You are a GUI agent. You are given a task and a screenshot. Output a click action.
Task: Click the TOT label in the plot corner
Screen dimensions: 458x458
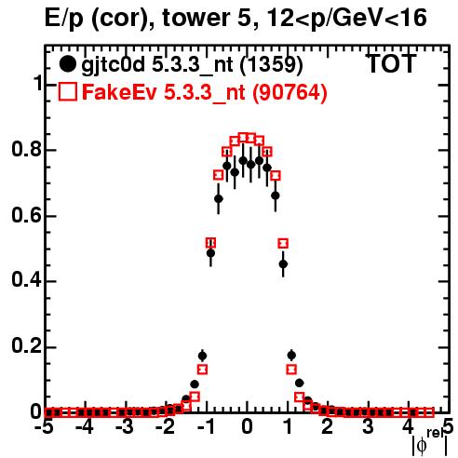[391, 63]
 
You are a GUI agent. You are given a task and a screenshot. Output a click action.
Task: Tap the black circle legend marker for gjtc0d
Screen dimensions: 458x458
[67, 64]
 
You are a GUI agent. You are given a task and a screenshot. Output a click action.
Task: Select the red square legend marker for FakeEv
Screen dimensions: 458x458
[68, 91]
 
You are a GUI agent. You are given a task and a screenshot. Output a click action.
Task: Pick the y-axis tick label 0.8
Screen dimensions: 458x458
[26, 150]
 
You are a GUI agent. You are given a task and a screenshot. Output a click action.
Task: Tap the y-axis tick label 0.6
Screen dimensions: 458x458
[26, 215]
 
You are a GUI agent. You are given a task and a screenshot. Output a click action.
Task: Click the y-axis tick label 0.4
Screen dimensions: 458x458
[26, 281]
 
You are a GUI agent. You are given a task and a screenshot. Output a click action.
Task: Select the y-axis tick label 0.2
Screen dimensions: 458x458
[26, 346]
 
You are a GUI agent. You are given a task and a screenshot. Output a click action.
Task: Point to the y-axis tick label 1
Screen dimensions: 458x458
[36, 84]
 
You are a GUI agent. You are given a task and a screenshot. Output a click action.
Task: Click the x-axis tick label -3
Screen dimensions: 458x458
[125, 426]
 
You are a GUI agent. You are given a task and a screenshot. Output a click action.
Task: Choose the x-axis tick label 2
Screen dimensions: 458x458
[328, 426]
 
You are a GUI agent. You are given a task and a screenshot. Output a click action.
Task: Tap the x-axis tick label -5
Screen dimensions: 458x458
[44, 426]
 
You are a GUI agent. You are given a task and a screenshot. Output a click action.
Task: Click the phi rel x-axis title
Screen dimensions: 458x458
[430, 442]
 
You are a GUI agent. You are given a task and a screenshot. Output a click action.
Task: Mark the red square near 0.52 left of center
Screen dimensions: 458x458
[210, 243]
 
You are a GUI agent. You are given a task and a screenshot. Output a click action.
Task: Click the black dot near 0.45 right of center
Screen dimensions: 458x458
[283, 264]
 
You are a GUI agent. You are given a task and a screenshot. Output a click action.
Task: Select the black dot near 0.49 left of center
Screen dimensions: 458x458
[210, 253]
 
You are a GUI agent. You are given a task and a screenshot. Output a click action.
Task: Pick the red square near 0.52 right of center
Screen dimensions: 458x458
[283, 243]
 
